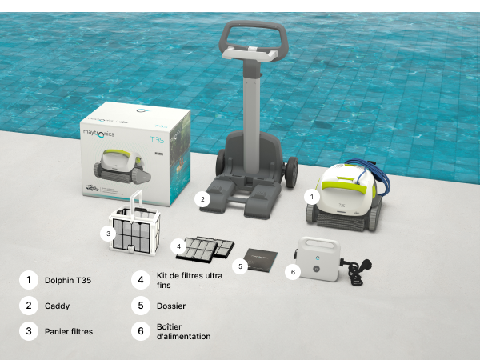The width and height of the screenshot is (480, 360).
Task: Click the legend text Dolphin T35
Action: [68, 281]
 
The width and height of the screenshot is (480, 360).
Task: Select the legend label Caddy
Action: [58, 306]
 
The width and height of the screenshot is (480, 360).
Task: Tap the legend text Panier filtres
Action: [69, 331]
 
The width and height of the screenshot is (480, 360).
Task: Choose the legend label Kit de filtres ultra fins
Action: [190, 281]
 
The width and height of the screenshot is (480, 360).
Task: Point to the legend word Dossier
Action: [171, 306]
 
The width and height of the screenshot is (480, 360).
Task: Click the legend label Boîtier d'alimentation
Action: [184, 331]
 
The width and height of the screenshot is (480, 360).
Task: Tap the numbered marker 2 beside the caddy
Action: [202, 199]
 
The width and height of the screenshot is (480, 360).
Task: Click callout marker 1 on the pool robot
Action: [312, 197]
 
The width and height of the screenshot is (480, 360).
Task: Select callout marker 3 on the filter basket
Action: [108, 234]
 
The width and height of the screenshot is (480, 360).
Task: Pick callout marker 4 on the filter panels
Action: [178, 246]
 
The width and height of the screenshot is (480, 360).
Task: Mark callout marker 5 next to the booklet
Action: [240, 266]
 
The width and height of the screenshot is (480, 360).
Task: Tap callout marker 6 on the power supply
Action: [293, 272]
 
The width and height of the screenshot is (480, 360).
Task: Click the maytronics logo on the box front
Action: [98, 134]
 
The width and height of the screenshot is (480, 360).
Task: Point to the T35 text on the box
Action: [157, 139]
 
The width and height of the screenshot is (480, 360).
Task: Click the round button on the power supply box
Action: [316, 269]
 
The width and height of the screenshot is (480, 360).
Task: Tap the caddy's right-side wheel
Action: [291, 172]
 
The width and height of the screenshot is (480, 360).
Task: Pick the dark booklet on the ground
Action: [261, 260]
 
